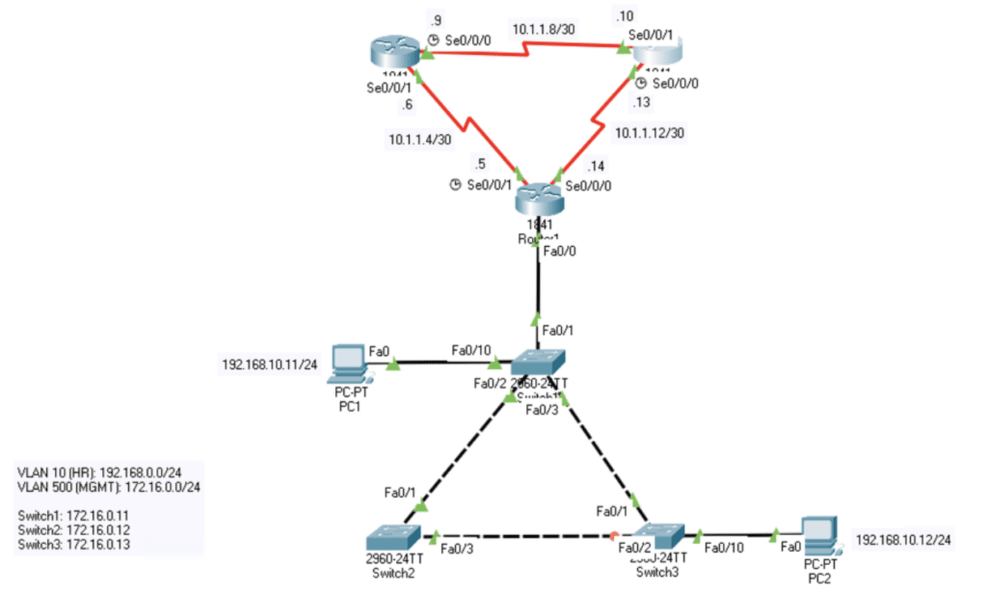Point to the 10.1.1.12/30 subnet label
[x=650, y=132]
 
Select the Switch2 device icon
[x=391, y=535]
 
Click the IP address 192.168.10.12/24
[x=903, y=540]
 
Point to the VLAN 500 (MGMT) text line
[x=109, y=489]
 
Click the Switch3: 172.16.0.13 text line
[x=74, y=545]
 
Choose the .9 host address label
[x=436, y=19]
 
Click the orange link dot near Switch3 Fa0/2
[x=613, y=536]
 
